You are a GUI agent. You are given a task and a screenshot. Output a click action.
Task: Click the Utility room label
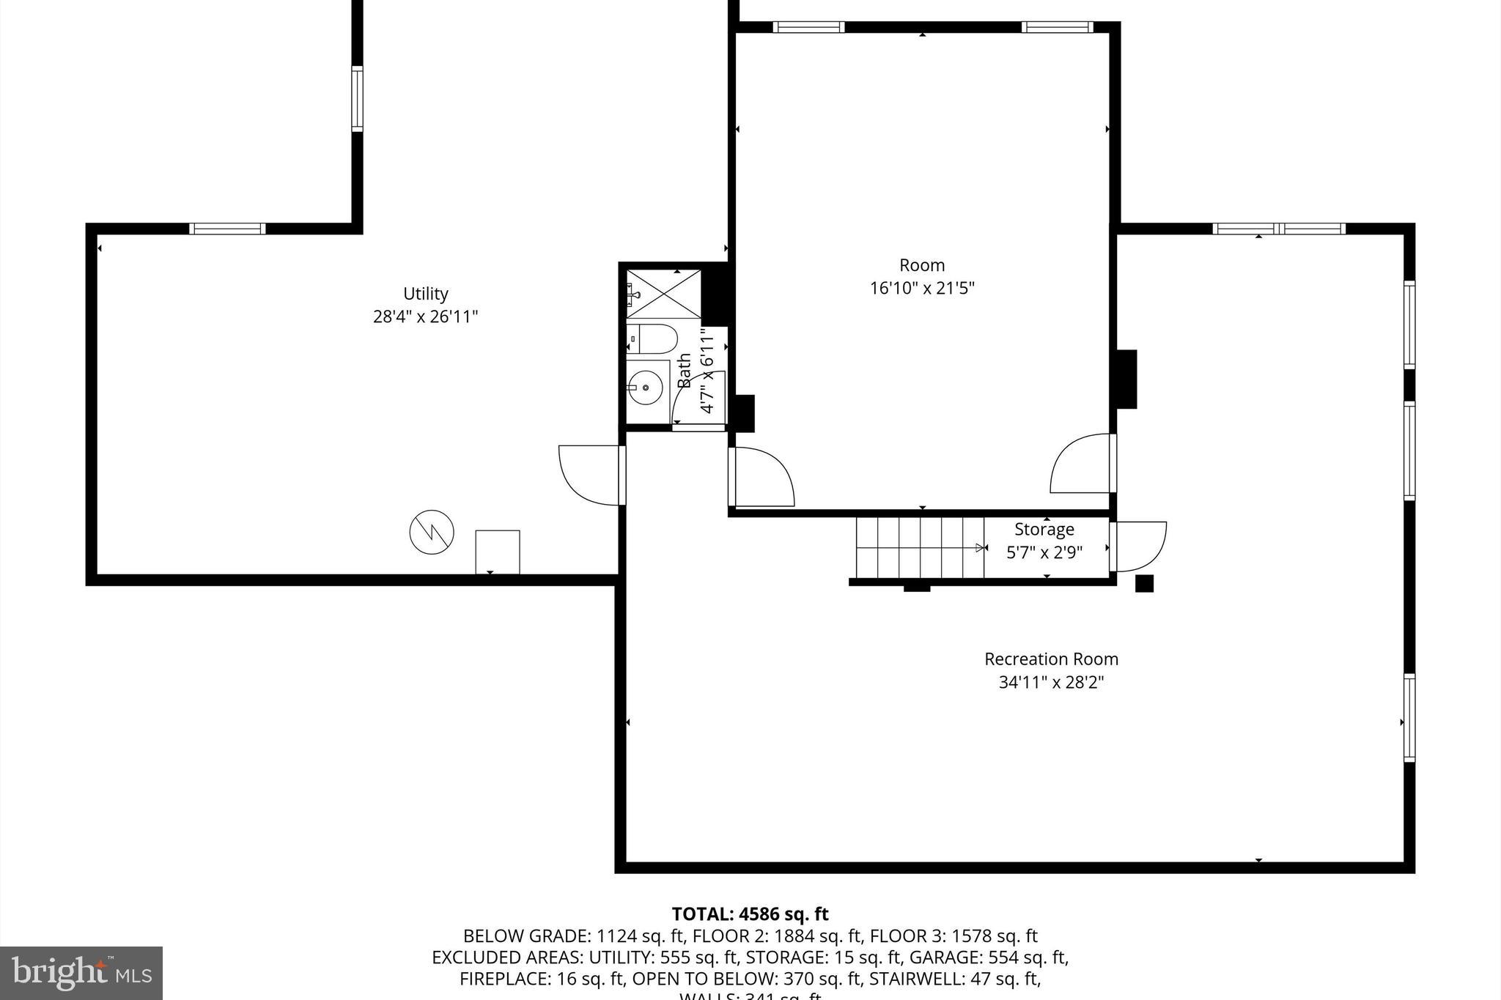click(x=425, y=294)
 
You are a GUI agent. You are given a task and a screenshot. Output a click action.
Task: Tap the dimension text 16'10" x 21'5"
click(x=922, y=288)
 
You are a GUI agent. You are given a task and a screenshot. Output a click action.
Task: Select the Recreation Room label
click(x=1051, y=659)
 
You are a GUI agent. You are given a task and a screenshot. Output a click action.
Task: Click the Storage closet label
click(x=1044, y=529)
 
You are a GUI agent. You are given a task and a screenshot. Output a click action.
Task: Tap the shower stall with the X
click(x=663, y=294)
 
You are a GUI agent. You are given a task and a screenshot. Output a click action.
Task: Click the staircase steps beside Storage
click(x=920, y=548)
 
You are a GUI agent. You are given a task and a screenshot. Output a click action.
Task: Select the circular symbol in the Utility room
click(x=432, y=532)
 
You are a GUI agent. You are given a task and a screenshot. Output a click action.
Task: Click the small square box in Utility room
click(x=498, y=552)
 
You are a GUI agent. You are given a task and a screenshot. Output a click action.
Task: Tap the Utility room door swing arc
click(x=586, y=476)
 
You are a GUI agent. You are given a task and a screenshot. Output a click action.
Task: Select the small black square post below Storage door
click(x=1144, y=584)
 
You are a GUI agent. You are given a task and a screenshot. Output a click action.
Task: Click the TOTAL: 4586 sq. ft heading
click(x=750, y=914)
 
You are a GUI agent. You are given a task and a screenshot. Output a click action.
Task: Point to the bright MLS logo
click(x=81, y=973)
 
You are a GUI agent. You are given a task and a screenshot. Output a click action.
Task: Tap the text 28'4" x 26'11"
click(x=425, y=317)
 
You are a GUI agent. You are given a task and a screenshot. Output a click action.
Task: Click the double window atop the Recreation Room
click(x=1279, y=229)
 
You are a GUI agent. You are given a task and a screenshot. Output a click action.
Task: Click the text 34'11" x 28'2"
click(x=1051, y=682)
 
